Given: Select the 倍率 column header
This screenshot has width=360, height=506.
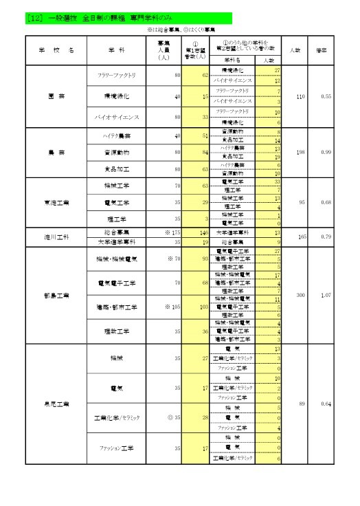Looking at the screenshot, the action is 321,51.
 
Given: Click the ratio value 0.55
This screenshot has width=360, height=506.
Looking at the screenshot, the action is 326,97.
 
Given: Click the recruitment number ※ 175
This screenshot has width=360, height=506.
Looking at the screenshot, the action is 170,233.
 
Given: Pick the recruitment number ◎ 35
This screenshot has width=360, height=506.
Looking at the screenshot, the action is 173,417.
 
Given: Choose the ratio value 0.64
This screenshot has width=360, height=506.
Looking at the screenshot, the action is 326,404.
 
